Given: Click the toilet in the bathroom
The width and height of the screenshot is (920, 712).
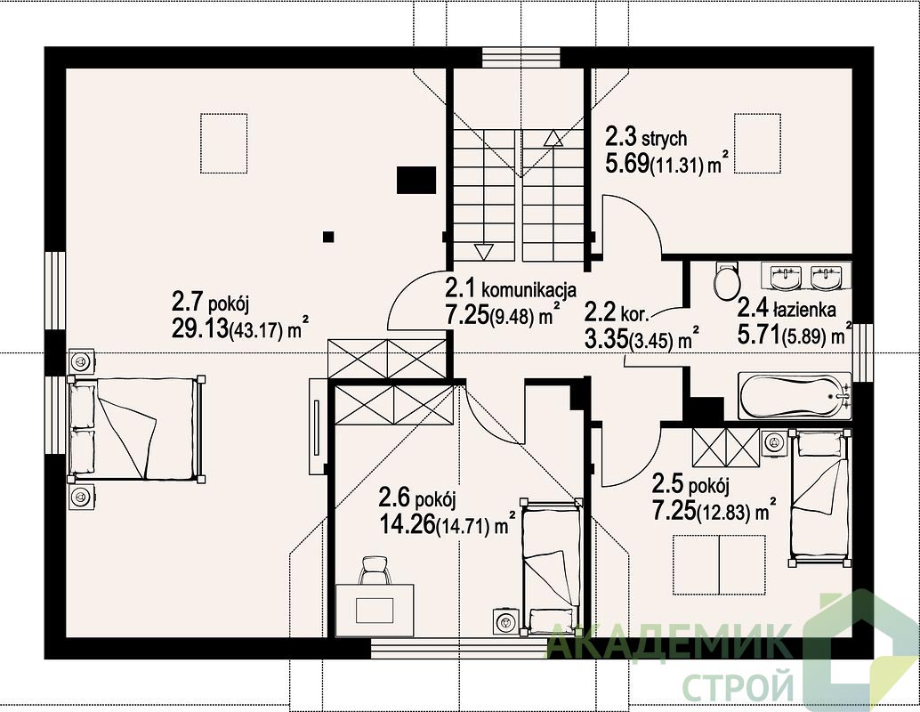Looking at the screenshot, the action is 726,279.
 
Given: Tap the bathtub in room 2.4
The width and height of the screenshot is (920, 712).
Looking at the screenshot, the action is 795,396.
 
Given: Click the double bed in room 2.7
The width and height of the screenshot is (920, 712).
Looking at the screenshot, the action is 137,428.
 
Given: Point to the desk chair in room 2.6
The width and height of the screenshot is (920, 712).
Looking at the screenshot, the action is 375,570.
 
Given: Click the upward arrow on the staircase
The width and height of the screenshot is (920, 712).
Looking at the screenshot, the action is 553,138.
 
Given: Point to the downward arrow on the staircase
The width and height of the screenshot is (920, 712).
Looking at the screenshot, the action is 483,252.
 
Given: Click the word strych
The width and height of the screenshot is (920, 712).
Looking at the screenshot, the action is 664,140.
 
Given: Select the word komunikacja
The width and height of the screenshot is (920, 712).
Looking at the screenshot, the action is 529,289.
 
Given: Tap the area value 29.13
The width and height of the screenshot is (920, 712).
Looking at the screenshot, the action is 199,328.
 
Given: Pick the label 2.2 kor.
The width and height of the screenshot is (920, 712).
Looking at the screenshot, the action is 617,312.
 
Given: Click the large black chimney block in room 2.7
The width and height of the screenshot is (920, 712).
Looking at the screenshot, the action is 416,180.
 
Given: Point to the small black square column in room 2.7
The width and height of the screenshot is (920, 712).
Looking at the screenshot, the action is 328,237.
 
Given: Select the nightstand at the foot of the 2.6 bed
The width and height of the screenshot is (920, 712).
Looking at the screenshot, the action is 505,620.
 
